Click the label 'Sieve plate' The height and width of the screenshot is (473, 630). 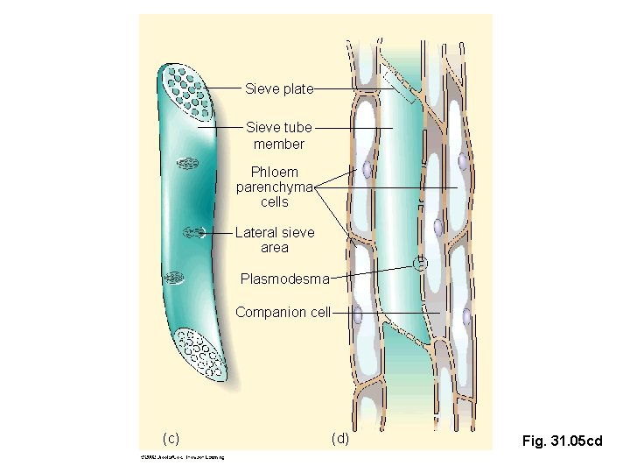(278, 88)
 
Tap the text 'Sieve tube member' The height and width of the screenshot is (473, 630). (278, 136)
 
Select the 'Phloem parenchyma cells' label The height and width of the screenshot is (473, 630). (275, 187)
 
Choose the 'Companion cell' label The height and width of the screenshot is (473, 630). (283, 312)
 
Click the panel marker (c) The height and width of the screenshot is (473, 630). (171, 438)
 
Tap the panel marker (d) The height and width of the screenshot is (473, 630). (339, 438)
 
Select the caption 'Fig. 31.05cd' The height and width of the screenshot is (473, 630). (562, 441)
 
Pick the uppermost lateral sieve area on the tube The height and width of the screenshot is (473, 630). (186, 162)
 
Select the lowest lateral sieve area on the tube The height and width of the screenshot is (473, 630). (175, 278)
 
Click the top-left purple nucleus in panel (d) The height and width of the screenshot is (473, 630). (368, 168)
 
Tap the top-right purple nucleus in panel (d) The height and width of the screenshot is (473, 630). (461, 161)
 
